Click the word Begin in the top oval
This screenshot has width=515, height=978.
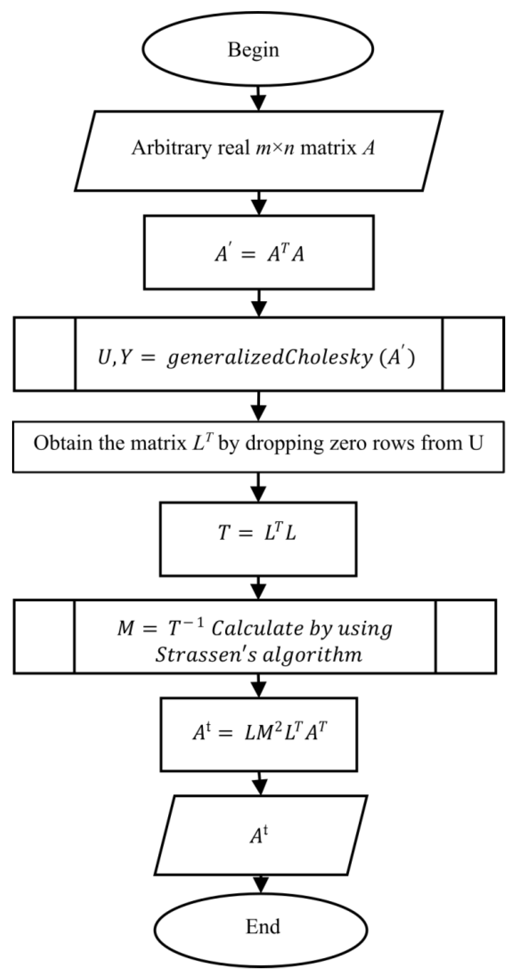(253, 50)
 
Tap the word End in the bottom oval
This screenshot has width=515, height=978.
(263, 926)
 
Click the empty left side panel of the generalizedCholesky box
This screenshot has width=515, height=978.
(45, 354)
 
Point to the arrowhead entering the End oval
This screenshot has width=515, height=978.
(261, 890)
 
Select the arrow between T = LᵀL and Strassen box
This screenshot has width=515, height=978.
(259, 587)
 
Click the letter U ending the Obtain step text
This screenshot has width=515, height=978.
(476, 443)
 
